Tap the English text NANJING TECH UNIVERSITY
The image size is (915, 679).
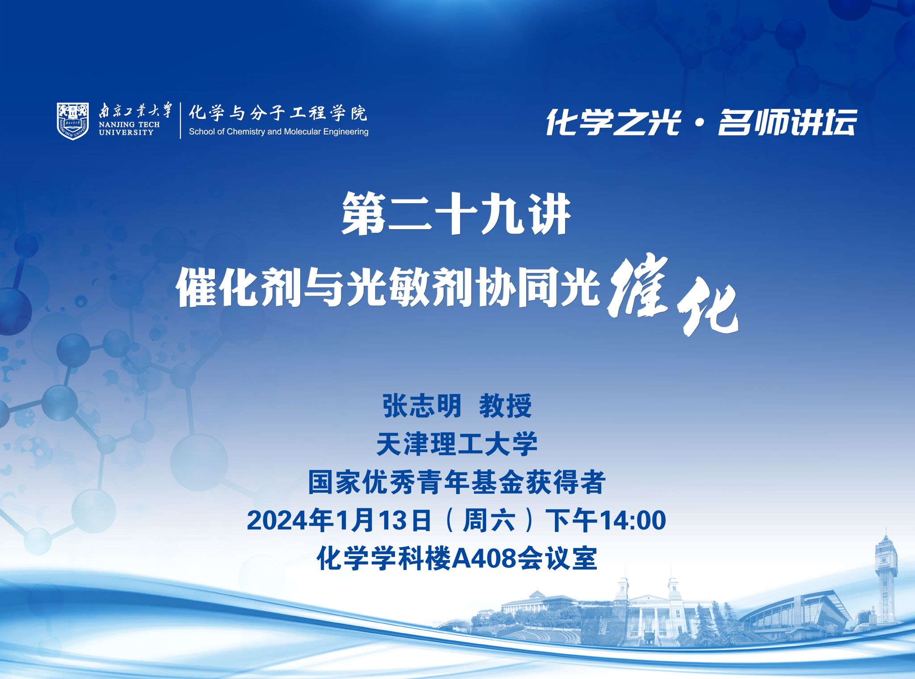(129, 128)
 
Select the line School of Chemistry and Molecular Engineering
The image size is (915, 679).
(278, 132)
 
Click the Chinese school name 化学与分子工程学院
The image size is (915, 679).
(277, 113)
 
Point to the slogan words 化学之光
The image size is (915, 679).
(613, 122)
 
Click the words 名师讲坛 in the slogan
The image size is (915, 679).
(787, 122)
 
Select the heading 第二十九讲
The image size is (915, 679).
(456, 214)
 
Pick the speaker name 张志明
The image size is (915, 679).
(421, 406)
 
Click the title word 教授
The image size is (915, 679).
(505, 406)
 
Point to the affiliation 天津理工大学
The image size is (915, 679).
(457, 444)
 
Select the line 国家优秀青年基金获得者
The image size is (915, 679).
(457, 482)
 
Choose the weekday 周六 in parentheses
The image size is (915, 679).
(489, 520)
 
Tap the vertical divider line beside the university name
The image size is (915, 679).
(180, 121)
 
